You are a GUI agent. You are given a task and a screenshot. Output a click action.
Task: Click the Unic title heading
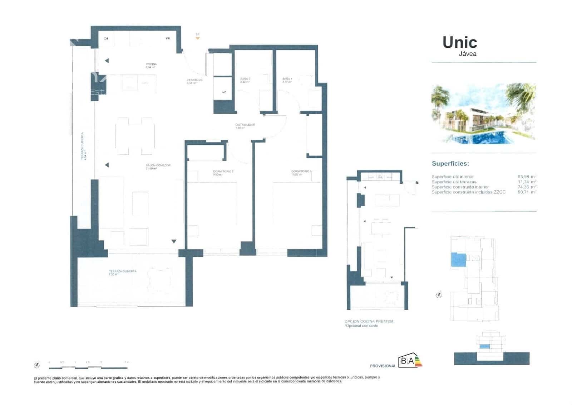pyautogui.click(x=460, y=43)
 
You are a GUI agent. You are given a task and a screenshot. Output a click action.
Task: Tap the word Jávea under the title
pyautogui.click(x=468, y=54)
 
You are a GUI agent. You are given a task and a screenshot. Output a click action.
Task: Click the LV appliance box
pyautogui.click(x=224, y=92)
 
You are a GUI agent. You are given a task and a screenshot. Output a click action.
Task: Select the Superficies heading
pyautogui.click(x=450, y=164)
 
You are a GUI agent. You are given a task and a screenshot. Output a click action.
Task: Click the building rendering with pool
pyautogui.click(x=483, y=114)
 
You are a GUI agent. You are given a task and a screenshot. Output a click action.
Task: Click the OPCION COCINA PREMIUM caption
pyautogui.click(x=369, y=321)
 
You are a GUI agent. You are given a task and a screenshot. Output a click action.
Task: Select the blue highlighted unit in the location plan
pyautogui.click(x=459, y=260)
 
